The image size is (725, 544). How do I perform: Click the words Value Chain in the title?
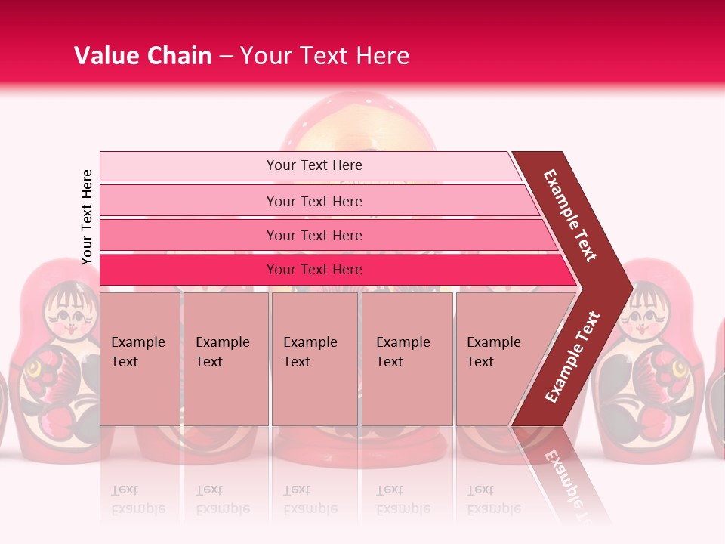(x=143, y=56)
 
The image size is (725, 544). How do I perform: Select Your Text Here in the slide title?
(x=325, y=56)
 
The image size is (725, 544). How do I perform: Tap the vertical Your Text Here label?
(x=87, y=217)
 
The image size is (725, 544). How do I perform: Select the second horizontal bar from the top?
(x=313, y=201)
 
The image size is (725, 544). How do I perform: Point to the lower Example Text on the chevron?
(x=572, y=357)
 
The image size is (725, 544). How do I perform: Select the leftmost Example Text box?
(x=140, y=359)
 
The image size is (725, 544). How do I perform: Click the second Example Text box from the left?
(x=225, y=359)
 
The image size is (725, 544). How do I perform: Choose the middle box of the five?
(x=314, y=359)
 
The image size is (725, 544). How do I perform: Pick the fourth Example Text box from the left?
(x=406, y=359)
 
